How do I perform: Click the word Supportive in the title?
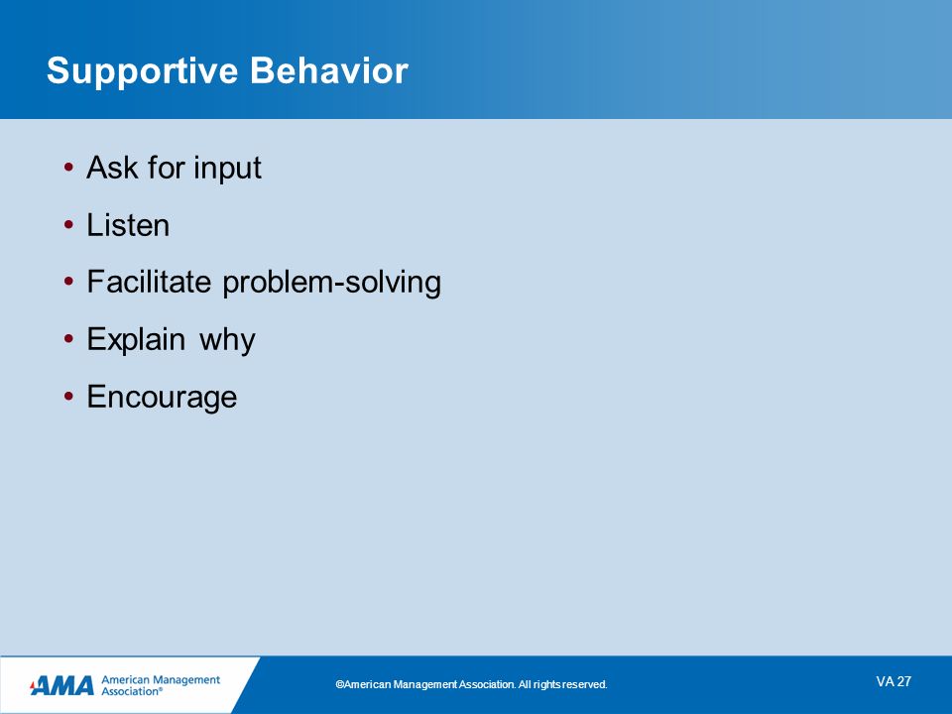[x=142, y=72]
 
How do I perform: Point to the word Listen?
[x=128, y=225]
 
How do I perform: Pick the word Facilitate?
[x=149, y=282]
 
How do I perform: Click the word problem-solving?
[x=331, y=284]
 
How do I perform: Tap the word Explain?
[x=136, y=340]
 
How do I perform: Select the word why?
[x=227, y=341]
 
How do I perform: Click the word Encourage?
[x=162, y=399]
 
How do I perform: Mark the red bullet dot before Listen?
[x=68, y=225]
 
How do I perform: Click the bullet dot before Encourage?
[x=68, y=397]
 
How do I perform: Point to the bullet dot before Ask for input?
[x=68, y=167]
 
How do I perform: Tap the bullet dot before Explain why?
[x=68, y=339]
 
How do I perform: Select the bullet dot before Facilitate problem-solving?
[x=68, y=282]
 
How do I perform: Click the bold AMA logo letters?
[x=61, y=686]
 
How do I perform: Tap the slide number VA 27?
[x=893, y=682]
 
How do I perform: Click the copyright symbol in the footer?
[x=339, y=685]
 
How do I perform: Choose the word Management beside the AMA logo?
[x=185, y=680]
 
